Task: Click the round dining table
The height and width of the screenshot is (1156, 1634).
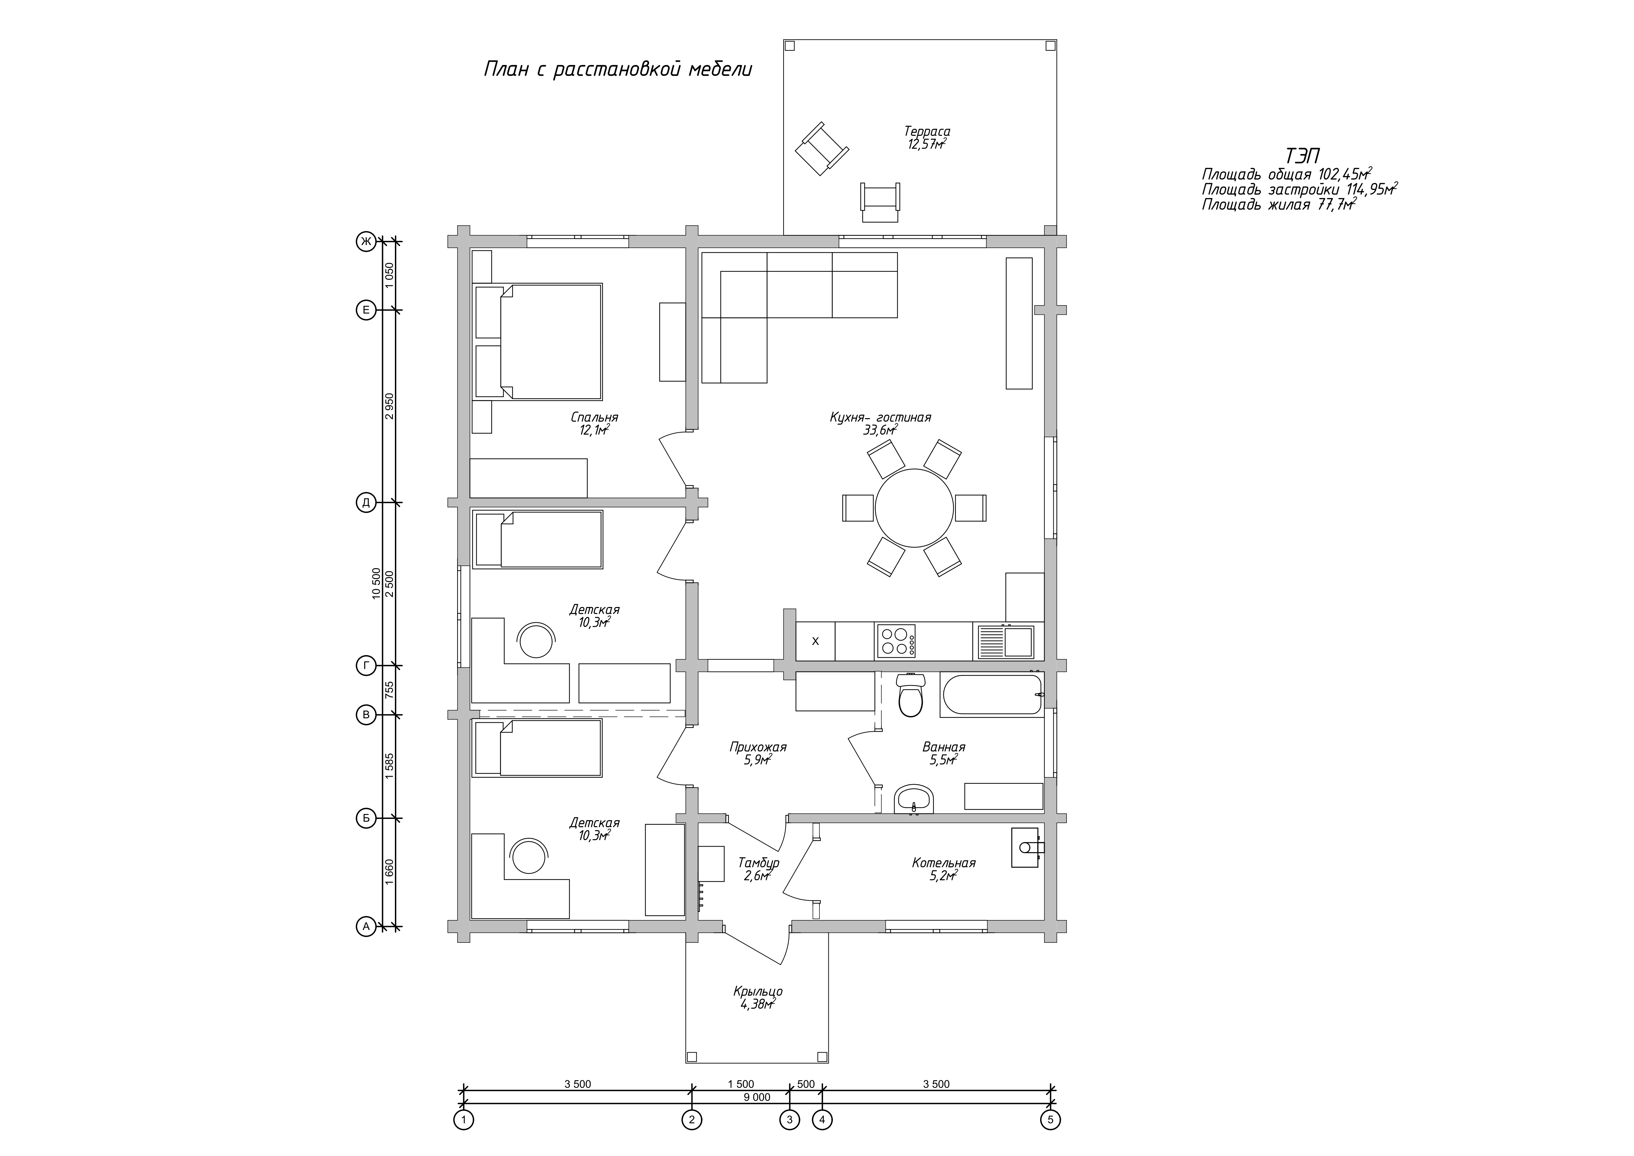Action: tap(914, 507)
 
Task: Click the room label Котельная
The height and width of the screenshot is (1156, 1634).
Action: tap(944, 863)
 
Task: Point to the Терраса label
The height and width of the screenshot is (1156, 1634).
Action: tap(927, 131)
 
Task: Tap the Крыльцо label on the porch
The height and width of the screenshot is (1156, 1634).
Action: tap(758, 991)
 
